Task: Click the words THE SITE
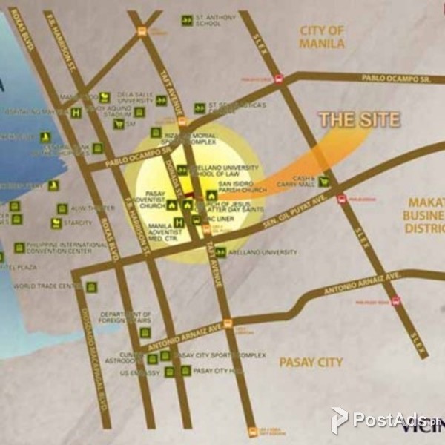click(x=359, y=119)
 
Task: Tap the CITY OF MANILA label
click(x=322, y=36)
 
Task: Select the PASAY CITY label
click(x=311, y=362)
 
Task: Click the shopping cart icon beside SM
click(x=118, y=124)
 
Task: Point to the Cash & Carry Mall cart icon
click(x=323, y=180)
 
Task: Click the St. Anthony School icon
click(x=187, y=19)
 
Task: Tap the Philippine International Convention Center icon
click(x=19, y=248)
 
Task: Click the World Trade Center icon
click(x=91, y=287)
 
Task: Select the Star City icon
click(x=56, y=222)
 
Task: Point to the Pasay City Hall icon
click(x=185, y=370)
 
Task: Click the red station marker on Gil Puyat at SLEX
click(x=342, y=198)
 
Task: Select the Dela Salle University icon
click(x=105, y=97)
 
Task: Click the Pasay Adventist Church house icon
click(x=172, y=205)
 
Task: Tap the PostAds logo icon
click(x=339, y=420)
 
